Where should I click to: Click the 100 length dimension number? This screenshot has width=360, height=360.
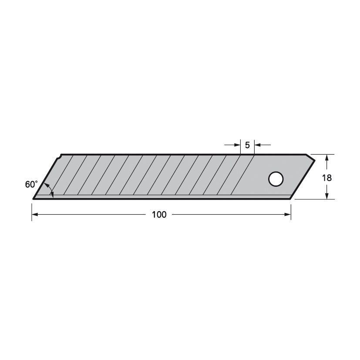[x=159, y=215]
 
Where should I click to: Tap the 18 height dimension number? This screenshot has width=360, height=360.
[x=327, y=178]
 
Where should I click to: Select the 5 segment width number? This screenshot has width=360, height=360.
[x=247, y=145]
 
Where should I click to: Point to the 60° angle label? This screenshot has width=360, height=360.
[x=31, y=185]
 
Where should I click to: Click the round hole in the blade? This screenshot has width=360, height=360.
[x=276, y=179]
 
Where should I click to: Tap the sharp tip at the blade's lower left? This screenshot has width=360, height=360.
[x=34, y=199]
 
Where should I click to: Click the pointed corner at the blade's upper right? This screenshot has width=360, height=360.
[x=314, y=160]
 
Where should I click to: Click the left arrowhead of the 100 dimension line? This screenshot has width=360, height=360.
[x=35, y=215]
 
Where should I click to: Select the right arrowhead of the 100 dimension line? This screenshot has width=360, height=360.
[x=288, y=215]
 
